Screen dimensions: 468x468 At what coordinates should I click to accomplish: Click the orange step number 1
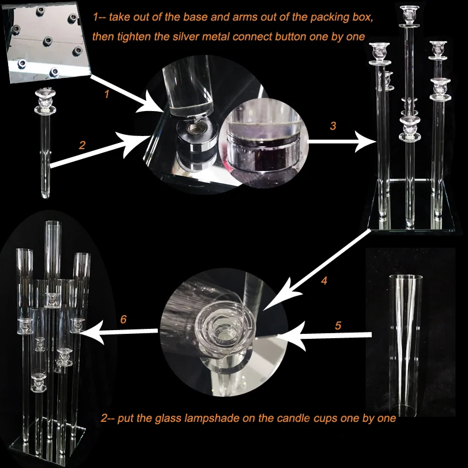point(107,94)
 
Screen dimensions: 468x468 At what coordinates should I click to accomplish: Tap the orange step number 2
point(82,145)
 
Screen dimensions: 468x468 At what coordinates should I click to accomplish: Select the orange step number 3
point(333,125)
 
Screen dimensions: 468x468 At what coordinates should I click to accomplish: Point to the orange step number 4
point(324,281)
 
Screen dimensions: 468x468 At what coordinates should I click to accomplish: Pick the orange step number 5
point(338,325)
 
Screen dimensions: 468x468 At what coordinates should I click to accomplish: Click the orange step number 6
point(124,319)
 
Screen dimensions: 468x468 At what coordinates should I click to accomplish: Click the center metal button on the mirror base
point(47,41)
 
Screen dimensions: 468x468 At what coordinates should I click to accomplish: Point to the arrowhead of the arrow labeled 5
point(291,336)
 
